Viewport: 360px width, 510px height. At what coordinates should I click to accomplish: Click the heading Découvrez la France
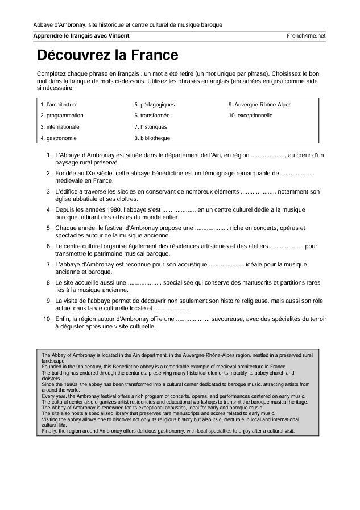107,55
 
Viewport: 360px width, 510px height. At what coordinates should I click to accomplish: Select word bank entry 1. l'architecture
59,105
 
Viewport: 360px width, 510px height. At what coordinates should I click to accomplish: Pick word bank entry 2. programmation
61,116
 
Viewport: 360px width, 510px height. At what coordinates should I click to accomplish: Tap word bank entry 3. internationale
60,126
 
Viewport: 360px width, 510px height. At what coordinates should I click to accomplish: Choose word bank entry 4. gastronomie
59,138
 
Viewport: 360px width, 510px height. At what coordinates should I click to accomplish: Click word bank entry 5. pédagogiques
154,105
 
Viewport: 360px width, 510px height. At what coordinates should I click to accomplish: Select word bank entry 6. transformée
152,116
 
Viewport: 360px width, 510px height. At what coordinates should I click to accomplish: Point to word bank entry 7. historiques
151,126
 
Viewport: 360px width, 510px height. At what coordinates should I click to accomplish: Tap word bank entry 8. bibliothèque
152,138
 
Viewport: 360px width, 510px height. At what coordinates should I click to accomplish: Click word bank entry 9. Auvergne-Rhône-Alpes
259,105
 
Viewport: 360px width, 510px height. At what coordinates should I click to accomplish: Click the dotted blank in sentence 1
268,155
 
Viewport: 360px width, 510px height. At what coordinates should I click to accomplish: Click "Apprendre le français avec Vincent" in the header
81,35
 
